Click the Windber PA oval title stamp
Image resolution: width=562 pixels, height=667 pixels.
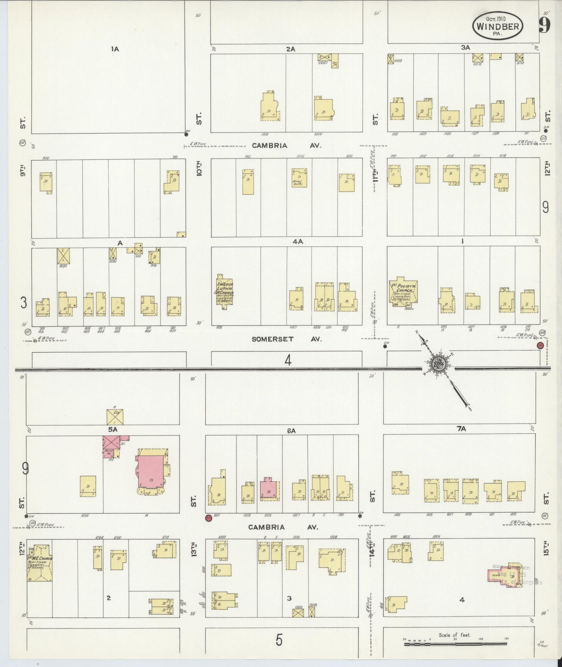tap(497, 26)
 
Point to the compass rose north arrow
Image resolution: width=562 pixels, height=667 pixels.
tap(438, 364)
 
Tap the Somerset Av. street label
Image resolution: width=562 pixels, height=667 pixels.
tap(287, 339)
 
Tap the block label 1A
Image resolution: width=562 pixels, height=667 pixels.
tap(114, 49)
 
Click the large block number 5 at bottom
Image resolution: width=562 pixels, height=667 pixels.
tap(278, 640)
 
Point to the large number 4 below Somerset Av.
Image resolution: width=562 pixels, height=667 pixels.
tap(287, 361)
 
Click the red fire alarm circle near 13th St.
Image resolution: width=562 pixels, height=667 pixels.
tap(208, 518)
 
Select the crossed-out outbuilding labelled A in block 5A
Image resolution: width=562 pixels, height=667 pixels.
tap(115, 417)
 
